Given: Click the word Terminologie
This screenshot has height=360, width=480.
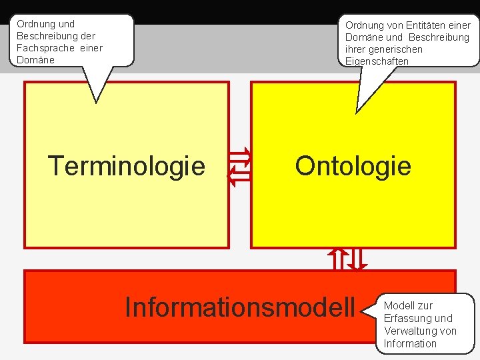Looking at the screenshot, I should pyautogui.click(x=127, y=166).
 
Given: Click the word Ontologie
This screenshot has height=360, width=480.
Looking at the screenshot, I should pyautogui.click(x=353, y=165).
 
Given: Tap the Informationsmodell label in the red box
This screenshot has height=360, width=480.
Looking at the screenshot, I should pyautogui.click(x=240, y=307).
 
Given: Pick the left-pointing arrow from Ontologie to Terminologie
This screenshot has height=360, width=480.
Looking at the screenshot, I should pyautogui.click(x=239, y=176).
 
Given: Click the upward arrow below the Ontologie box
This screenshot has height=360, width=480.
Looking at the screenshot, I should pyautogui.click(x=338, y=259).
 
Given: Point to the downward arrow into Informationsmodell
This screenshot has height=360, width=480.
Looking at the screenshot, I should pyautogui.click(x=358, y=259).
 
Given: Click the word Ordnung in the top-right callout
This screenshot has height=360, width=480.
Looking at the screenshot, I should pyautogui.click(x=364, y=25).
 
